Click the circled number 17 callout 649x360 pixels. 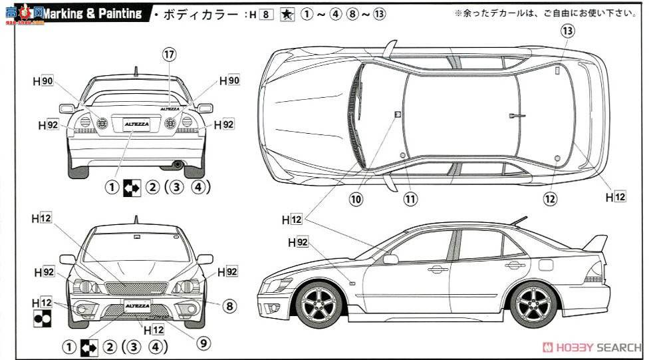(170, 54)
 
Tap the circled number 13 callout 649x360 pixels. (567, 30)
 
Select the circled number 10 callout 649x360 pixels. (357, 198)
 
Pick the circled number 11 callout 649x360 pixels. (410, 198)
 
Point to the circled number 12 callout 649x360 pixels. (549, 198)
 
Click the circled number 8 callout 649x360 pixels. (229, 306)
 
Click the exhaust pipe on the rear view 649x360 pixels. (177, 163)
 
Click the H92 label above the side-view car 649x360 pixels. (298, 243)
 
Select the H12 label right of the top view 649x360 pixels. (616, 197)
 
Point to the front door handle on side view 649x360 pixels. (437, 269)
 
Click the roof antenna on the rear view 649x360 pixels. (136, 71)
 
